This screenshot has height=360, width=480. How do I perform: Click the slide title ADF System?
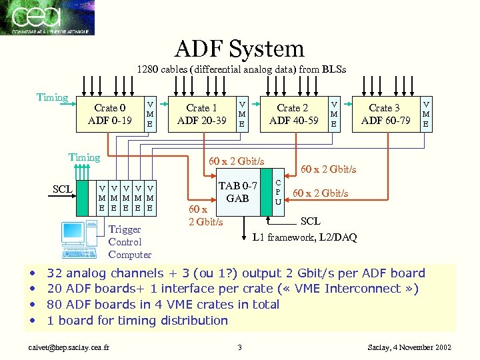tap(239, 48)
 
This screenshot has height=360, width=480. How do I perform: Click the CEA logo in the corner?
tap(47, 17)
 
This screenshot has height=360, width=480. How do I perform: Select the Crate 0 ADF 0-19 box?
tap(110, 114)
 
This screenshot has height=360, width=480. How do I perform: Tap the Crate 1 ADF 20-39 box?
tap(201, 114)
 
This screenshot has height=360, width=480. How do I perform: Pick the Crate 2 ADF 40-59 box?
tap(293, 114)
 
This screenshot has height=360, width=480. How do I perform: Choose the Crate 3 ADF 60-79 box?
tap(385, 114)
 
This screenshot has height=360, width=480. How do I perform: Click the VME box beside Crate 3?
tap(426, 113)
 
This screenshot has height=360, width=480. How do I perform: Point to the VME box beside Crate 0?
tap(150, 114)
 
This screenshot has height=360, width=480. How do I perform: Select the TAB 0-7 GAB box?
tap(237, 193)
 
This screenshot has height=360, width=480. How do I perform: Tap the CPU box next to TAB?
tap(278, 192)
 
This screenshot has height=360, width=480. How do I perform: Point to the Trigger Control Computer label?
tap(129, 242)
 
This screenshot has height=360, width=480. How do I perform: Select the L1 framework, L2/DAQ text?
tap(305, 237)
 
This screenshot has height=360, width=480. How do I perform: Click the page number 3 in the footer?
tap(239, 347)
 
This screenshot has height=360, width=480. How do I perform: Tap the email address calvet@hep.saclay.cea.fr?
tap(66, 347)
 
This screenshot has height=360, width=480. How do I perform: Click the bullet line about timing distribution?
tap(137, 320)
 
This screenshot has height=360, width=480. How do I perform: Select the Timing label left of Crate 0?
tap(52, 97)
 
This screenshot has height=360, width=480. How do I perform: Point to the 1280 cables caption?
tap(241, 69)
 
